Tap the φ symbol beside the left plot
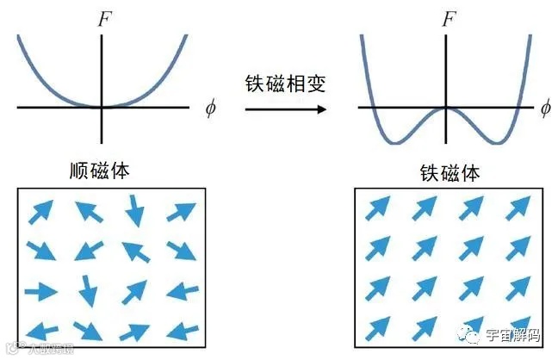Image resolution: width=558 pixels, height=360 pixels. point(210,109)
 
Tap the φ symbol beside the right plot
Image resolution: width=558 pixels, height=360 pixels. point(544,109)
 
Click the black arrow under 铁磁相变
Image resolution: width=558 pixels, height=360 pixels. point(284,109)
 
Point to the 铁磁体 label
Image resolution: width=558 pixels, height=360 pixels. point(446,173)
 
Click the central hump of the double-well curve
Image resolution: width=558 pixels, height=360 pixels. point(446,109)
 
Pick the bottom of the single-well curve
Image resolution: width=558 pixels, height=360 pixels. point(103,107)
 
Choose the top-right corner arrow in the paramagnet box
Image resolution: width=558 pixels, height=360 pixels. point(181,211)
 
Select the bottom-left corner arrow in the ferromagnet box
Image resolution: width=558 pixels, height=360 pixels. point(377,328)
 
